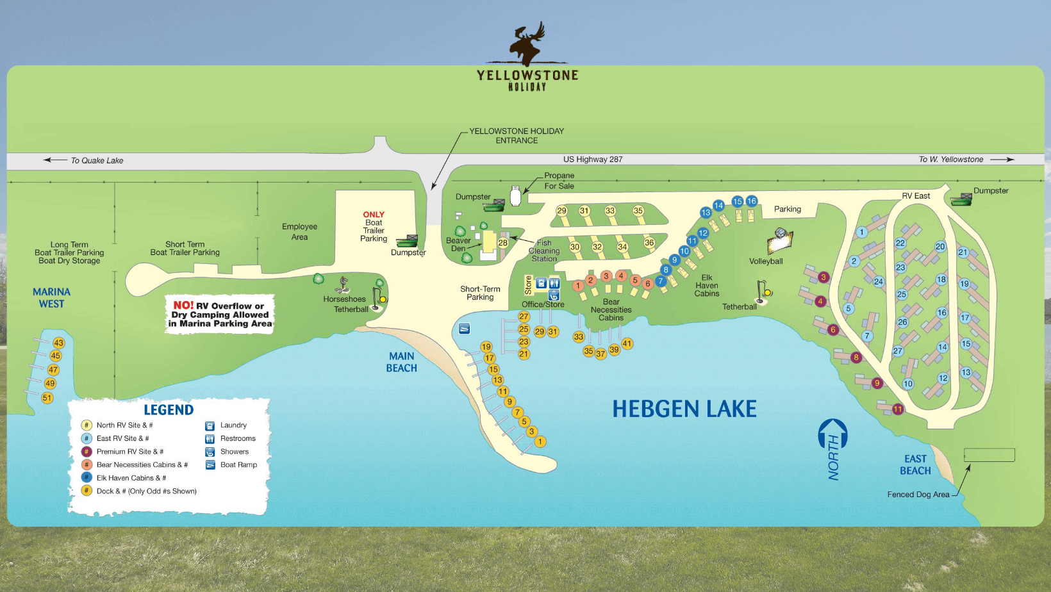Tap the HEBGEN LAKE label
pyautogui.click(x=684, y=409)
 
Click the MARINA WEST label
pyautogui.click(x=51, y=298)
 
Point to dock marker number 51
pyautogui.click(x=47, y=398)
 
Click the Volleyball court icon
pyautogui.click(x=780, y=242)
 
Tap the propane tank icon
pyautogui.click(x=515, y=196)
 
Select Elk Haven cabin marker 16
pyautogui.click(x=751, y=201)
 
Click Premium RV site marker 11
pyautogui.click(x=898, y=409)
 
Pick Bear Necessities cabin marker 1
pyautogui.click(x=578, y=286)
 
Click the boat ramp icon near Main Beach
pyautogui.click(x=465, y=329)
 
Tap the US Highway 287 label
pyautogui.click(x=593, y=160)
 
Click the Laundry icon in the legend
pyautogui.click(x=210, y=425)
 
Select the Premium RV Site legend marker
pyautogui.click(x=87, y=452)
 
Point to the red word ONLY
pyautogui.click(x=374, y=215)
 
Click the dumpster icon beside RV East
pyautogui.click(x=961, y=199)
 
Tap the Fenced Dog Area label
pyautogui.click(x=918, y=495)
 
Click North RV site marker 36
pyautogui.click(x=649, y=243)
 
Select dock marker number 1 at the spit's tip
pyautogui.click(x=540, y=441)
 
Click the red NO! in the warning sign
pyautogui.click(x=183, y=306)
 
